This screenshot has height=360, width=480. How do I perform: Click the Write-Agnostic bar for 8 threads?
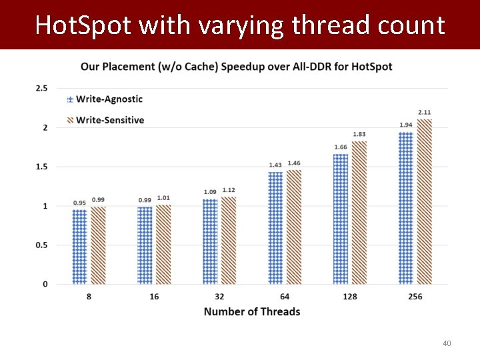79,247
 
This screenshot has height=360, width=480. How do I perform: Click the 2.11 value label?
425,112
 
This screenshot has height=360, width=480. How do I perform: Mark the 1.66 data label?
341,147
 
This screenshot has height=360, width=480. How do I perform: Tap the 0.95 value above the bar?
79,203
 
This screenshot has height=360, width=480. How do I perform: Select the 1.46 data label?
294,163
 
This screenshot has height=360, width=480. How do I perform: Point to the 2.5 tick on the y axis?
41,88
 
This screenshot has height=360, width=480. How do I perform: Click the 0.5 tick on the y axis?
41,245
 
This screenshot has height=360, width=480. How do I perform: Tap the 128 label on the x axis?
349,297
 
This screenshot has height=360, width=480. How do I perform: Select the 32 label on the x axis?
219,297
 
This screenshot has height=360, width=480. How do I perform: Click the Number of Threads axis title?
252,311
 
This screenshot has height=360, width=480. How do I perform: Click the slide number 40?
447,343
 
